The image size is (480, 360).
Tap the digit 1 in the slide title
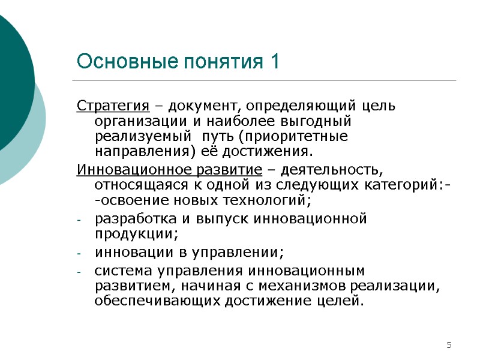pyautogui.click(x=275, y=61)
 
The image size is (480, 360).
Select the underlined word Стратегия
pyautogui.click(x=113, y=107)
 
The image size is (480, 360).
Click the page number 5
pyautogui.click(x=448, y=344)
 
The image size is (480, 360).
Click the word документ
pyautogui.click(x=204, y=107)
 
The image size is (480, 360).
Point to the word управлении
pyautogui.click(x=239, y=252)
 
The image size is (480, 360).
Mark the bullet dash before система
pyautogui.click(x=80, y=272)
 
